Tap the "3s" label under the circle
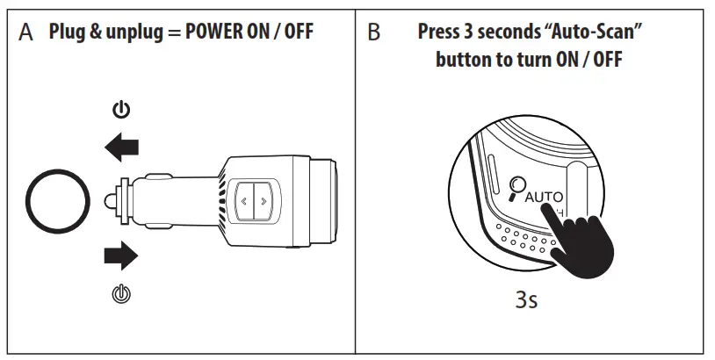point(526,300)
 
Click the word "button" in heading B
point(466,63)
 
